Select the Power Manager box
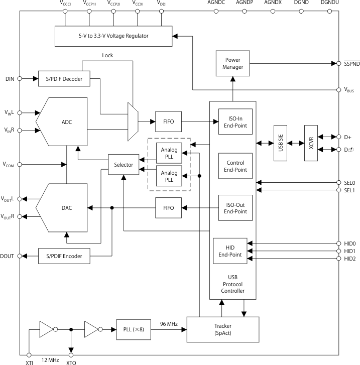tap(232, 63)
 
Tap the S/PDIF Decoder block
tap(64, 78)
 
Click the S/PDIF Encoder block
tap(64, 256)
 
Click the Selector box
tap(124, 165)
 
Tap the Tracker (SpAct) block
tap(223, 329)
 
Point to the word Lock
tap(107, 55)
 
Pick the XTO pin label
tap(71, 361)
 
